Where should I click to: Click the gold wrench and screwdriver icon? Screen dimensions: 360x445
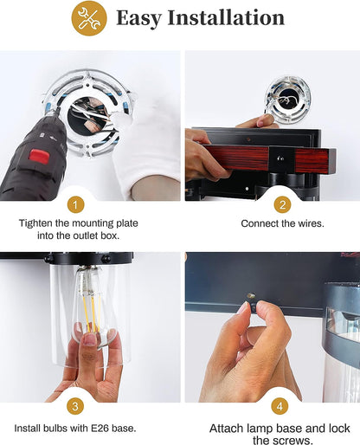89,18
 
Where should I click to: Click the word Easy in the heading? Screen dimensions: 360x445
138,18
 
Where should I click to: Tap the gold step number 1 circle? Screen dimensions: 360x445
75,205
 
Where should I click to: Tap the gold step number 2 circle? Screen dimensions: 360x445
282,204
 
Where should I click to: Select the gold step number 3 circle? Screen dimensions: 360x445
75,406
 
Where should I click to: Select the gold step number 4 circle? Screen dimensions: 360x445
280,407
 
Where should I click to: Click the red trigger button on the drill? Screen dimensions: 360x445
38,156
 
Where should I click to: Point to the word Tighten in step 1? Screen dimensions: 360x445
35,223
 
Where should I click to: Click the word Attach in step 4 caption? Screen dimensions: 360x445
227,429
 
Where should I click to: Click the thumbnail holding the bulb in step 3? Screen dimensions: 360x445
89,339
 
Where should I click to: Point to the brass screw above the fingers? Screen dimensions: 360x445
250,296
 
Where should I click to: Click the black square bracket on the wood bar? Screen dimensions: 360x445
280,158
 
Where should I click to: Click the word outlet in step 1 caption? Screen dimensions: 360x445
85,235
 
